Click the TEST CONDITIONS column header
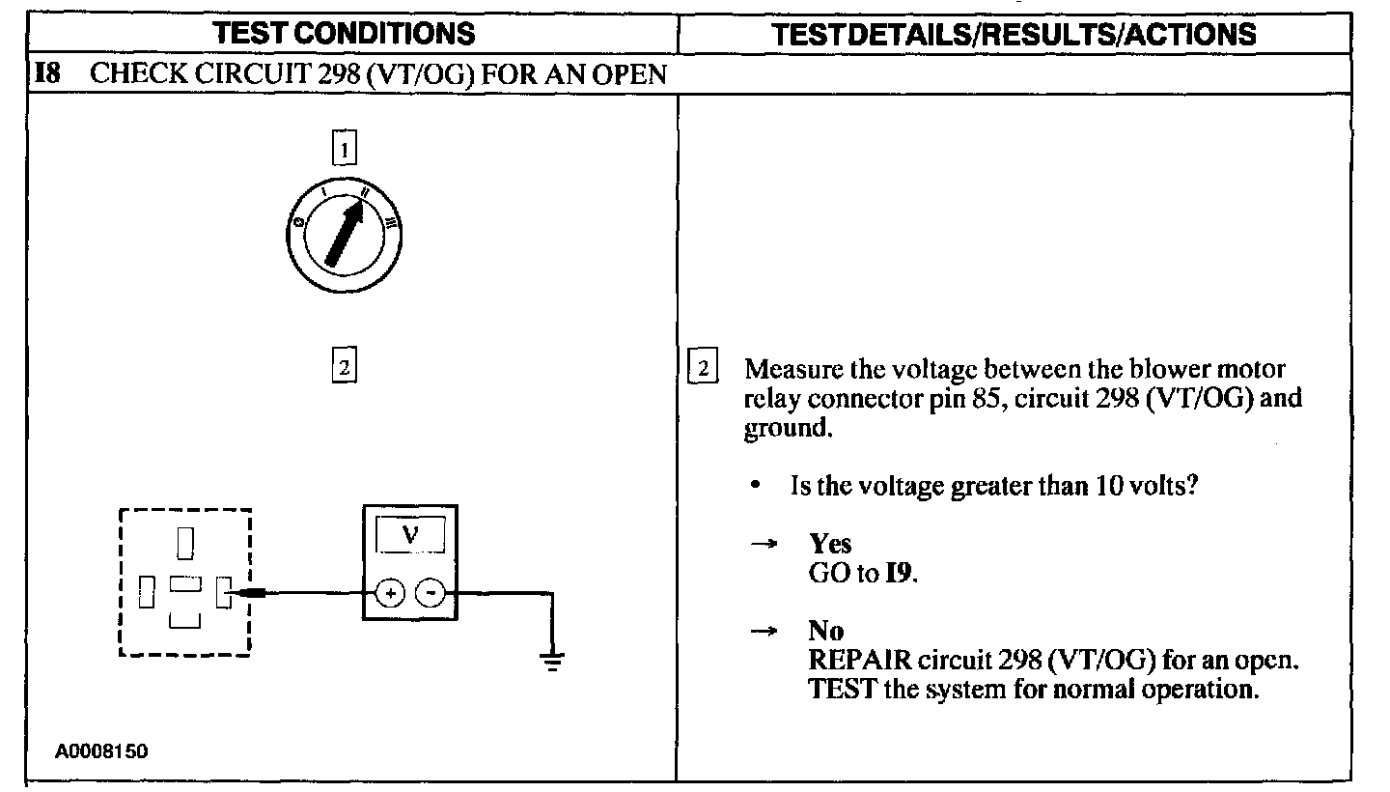coord(345,34)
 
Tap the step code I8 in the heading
coord(48,74)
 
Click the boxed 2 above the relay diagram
coord(344,367)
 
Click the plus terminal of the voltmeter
coord(390,592)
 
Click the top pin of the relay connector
coord(185,542)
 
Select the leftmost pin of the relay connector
coord(146,591)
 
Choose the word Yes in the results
coord(829,544)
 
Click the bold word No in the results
coord(825,632)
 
